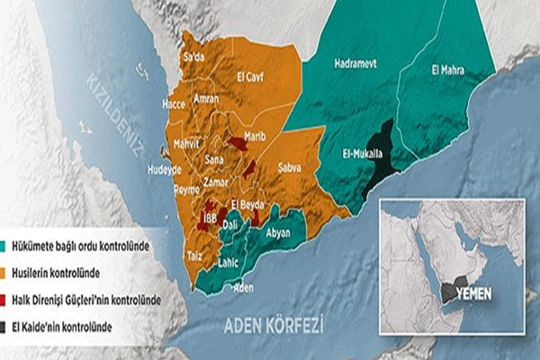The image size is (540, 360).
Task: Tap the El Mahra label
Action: pos(446,70)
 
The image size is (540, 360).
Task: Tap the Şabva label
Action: pos(290,167)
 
